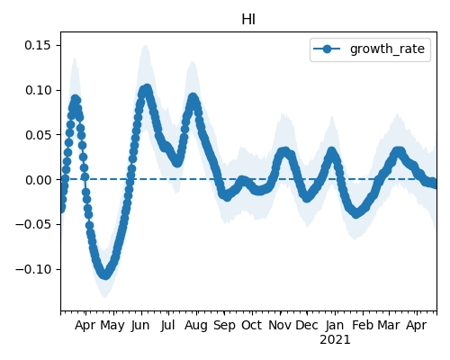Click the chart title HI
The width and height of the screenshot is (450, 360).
(248, 20)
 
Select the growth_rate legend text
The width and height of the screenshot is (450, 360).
(387, 49)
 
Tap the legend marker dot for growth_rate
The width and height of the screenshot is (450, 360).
(327, 49)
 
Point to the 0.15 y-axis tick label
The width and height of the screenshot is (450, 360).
(38, 45)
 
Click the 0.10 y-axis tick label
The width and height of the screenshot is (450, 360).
(38, 90)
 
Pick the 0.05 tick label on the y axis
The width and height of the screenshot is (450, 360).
(38, 135)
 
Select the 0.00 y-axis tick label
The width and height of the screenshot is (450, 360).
(38, 180)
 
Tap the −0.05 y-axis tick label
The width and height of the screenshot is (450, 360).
(33, 224)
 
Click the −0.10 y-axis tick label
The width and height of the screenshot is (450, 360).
(33, 269)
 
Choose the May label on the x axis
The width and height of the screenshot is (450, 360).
(112, 326)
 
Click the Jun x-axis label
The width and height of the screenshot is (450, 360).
(140, 326)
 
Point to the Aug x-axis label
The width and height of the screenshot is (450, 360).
(196, 326)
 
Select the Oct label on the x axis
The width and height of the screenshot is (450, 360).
(252, 325)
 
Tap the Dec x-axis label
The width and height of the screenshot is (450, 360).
(307, 325)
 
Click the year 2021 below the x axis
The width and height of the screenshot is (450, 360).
(335, 340)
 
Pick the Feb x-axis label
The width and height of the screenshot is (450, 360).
(363, 325)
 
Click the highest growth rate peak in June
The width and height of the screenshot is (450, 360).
(147, 89)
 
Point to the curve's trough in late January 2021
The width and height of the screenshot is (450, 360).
(355, 213)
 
